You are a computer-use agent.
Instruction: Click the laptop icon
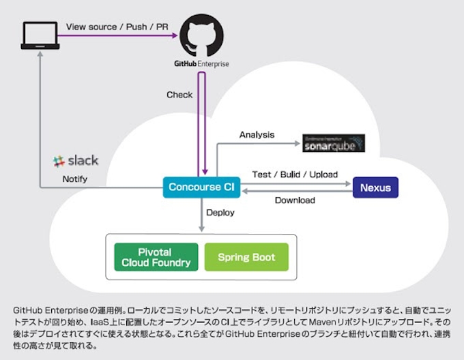(40, 35)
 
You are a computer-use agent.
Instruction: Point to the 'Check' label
(179, 95)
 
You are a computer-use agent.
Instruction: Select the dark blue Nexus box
(375, 187)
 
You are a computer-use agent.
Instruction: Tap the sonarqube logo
(334, 144)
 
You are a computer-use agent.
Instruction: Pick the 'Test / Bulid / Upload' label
(295, 174)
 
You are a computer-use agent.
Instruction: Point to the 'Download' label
(295, 200)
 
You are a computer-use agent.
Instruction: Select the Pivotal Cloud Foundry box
(156, 257)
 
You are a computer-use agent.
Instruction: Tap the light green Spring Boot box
(246, 257)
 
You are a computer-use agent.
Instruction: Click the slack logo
(76, 161)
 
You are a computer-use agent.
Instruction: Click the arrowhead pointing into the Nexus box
(348, 183)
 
